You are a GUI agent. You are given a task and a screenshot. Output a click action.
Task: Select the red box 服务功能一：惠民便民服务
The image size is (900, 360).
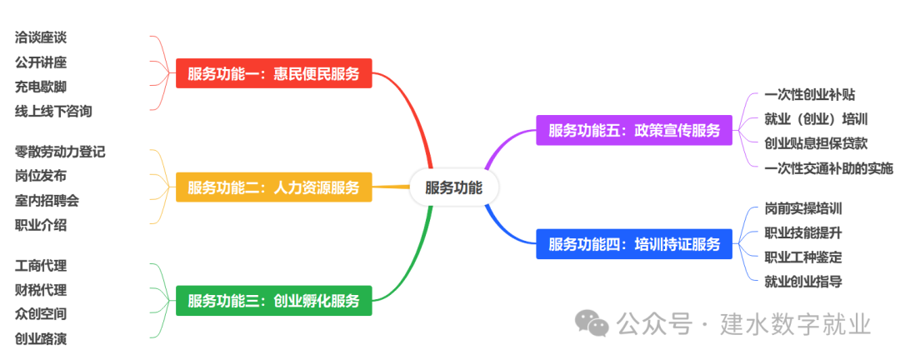tap(273, 74)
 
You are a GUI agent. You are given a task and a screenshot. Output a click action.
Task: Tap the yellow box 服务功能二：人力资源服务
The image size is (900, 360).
tap(273, 187)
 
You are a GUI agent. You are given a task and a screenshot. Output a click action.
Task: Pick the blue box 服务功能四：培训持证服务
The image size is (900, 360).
tap(634, 245)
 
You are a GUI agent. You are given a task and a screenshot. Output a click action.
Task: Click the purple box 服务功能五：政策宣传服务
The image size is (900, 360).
tap(634, 131)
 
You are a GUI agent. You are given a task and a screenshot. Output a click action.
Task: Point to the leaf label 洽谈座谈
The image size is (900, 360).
tap(41, 37)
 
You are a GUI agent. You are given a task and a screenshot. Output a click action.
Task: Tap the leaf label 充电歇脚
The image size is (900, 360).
tap(41, 87)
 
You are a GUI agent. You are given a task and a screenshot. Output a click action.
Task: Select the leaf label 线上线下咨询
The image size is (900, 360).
tap(53, 111)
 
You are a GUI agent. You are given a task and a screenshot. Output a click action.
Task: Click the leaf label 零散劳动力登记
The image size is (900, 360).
tap(60, 152)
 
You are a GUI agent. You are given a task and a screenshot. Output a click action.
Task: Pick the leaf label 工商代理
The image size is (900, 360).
tap(41, 266)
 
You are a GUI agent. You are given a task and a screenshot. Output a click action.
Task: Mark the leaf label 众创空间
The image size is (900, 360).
tap(41, 314)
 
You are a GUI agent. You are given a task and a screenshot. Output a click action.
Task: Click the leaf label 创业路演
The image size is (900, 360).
tap(41, 338)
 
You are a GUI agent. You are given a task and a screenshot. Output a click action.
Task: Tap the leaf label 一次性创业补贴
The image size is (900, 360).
tap(809, 95)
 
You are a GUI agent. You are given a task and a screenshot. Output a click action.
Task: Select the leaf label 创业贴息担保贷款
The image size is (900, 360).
tap(816, 143)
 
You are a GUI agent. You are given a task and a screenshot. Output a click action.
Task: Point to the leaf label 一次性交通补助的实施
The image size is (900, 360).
tap(828, 168)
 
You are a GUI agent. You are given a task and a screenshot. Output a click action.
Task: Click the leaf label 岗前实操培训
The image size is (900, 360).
tap(803, 208)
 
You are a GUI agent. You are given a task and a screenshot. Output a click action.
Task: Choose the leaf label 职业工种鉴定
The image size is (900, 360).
tap(803, 257)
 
